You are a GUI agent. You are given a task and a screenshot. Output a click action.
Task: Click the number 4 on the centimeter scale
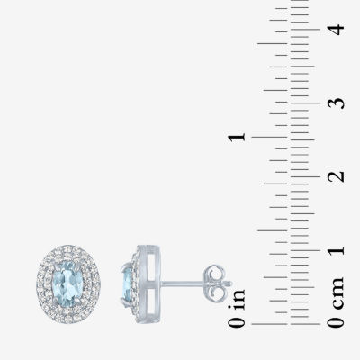tap(336, 30)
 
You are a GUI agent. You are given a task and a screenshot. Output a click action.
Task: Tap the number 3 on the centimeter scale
tap(336, 103)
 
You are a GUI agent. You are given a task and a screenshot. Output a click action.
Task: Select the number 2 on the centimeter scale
tap(336, 176)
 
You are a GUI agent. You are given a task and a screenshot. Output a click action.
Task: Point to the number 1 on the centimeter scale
tap(336, 250)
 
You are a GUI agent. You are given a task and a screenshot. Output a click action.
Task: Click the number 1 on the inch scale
tap(237, 138)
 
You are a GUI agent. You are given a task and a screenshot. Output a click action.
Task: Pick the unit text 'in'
tap(237, 300)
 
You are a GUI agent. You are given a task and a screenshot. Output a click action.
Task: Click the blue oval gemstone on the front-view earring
tap(67, 283)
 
